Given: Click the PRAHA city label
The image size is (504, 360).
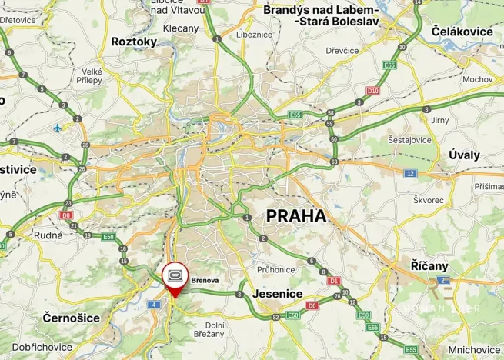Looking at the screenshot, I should (296, 216).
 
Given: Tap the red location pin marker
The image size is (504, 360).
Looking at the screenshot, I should (174, 278).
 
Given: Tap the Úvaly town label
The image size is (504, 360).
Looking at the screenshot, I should (464, 155).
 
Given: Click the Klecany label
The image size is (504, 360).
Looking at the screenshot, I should (182, 28).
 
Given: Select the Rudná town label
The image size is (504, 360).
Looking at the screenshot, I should (48, 235).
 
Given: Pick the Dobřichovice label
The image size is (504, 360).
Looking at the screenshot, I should (42, 348).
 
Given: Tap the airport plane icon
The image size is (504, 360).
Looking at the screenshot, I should (58, 127).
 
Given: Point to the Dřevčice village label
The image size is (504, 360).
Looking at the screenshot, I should (342, 50).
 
